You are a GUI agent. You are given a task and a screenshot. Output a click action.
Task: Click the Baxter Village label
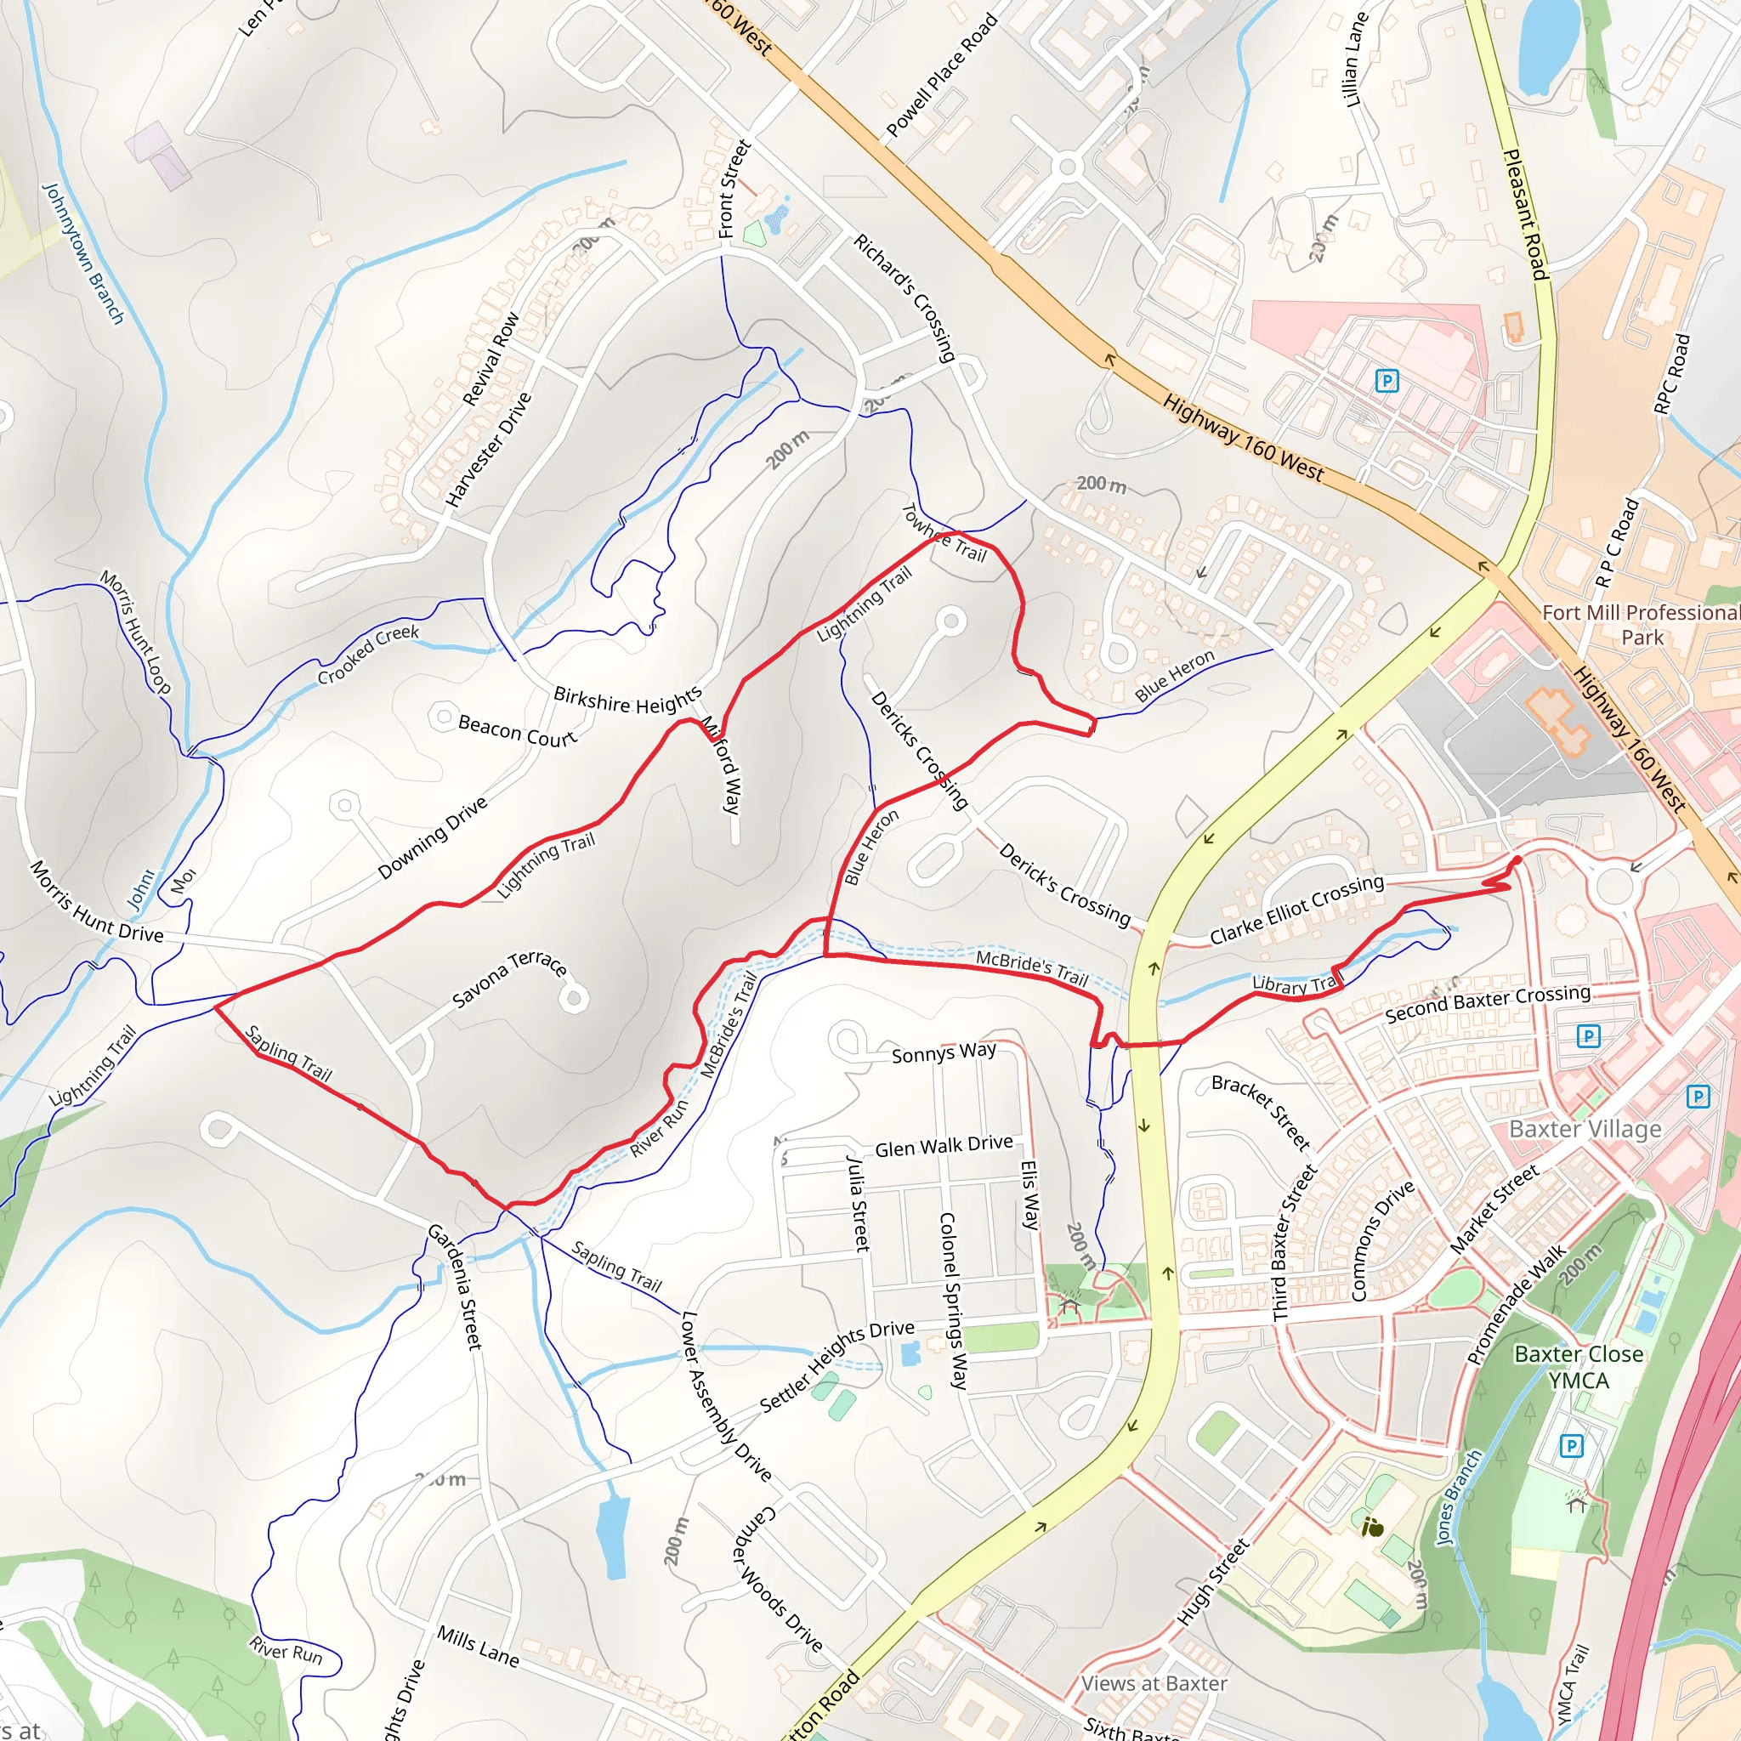pos(1585,1129)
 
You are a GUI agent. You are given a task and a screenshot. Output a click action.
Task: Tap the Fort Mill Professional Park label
pos(1640,625)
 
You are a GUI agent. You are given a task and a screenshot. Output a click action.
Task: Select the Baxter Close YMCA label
pos(1578,1367)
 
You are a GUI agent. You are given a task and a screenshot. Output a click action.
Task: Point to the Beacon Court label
pos(516,730)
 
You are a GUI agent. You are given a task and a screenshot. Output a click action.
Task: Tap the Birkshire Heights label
pos(627,700)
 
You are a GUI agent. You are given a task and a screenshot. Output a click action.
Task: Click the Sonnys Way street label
pos(944,1052)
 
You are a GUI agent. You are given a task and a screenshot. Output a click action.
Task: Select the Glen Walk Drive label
pos(944,1146)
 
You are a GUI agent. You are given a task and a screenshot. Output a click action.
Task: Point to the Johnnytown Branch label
pos(83,253)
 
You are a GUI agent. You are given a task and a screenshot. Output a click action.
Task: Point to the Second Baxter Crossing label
pos(1487,1003)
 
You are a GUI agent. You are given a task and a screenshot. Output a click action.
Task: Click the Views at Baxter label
pos(1154,1682)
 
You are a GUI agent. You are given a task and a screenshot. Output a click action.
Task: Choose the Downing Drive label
pos(433,837)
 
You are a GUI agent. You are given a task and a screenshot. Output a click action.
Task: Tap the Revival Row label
pos(491,358)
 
